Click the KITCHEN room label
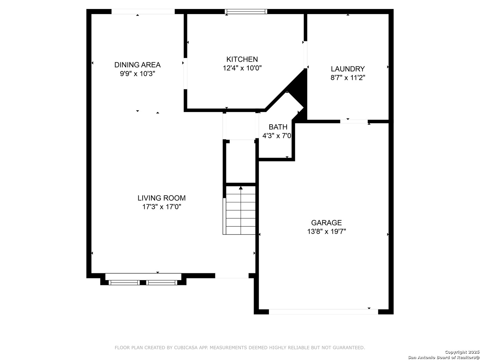242,59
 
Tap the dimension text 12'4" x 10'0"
242,68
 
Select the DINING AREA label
137,65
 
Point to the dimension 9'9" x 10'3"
137,74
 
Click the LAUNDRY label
348,69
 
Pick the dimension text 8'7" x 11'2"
348,78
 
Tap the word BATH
278,127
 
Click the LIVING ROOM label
162,198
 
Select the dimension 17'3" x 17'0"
162,207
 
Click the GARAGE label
326,223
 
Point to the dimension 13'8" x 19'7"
326,231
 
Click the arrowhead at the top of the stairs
241,188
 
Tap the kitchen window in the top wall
246,11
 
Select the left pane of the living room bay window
124,283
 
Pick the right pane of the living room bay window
162,283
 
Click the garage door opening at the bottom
323,312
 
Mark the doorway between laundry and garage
354,121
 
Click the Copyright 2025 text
462,352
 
